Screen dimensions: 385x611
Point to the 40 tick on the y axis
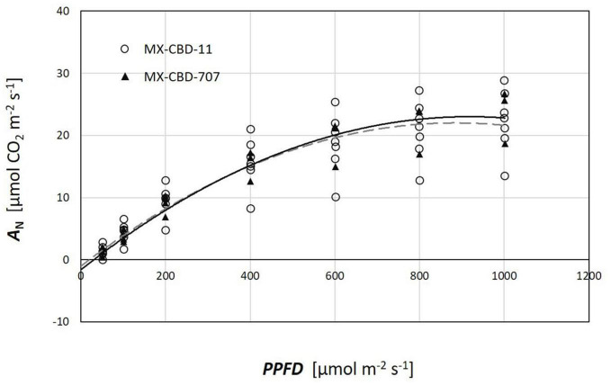(63, 11)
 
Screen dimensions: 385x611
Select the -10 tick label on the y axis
(61, 321)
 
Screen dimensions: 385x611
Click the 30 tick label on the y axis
(63, 73)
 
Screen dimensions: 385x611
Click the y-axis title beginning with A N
(18, 167)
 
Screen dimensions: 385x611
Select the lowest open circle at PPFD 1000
(504, 176)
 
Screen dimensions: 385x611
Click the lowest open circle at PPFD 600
(335, 197)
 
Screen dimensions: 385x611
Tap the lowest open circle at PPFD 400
(250, 209)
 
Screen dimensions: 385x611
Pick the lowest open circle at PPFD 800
(419, 181)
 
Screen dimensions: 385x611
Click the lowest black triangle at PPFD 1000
(504, 144)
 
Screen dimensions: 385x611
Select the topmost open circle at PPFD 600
(335, 103)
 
